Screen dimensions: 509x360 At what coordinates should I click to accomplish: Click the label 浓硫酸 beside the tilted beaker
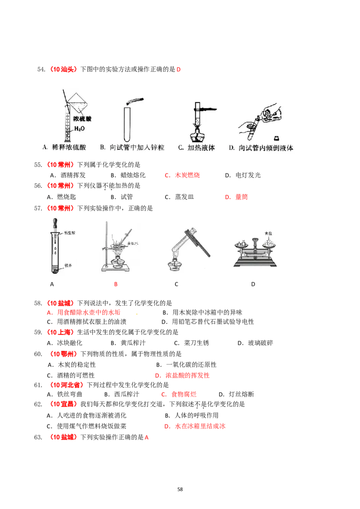pyautogui.click(x=83, y=119)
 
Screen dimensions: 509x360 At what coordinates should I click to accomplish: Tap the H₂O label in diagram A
pyautogui.click(x=80, y=129)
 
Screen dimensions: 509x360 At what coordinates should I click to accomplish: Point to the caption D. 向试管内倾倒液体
pyautogui.click(x=261, y=147)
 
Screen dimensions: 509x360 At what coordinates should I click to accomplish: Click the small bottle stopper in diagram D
pyautogui.click(x=276, y=138)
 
